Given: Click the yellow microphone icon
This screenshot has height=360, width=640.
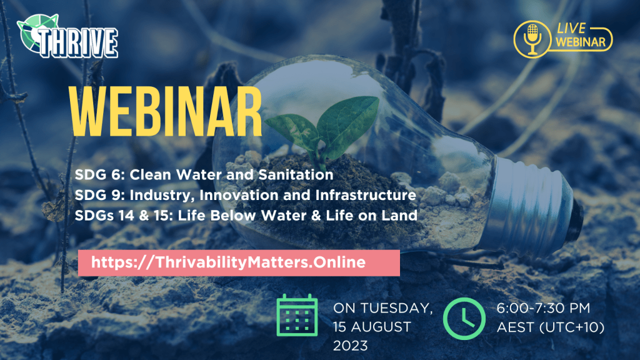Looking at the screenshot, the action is [x=532, y=39].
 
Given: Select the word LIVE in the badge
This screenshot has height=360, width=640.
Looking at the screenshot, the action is [x=571, y=28].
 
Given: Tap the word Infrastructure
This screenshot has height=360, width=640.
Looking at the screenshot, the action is [x=366, y=195].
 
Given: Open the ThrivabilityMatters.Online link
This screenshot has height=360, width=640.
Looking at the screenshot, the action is [x=228, y=262].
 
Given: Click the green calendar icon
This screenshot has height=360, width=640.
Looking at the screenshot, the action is [x=297, y=315].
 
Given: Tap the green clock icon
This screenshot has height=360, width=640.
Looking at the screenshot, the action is [x=464, y=319].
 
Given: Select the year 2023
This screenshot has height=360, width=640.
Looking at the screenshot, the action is [x=351, y=346].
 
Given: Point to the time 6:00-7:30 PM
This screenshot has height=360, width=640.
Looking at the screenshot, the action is [x=543, y=308].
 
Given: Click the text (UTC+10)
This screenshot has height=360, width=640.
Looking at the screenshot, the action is [x=572, y=327].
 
